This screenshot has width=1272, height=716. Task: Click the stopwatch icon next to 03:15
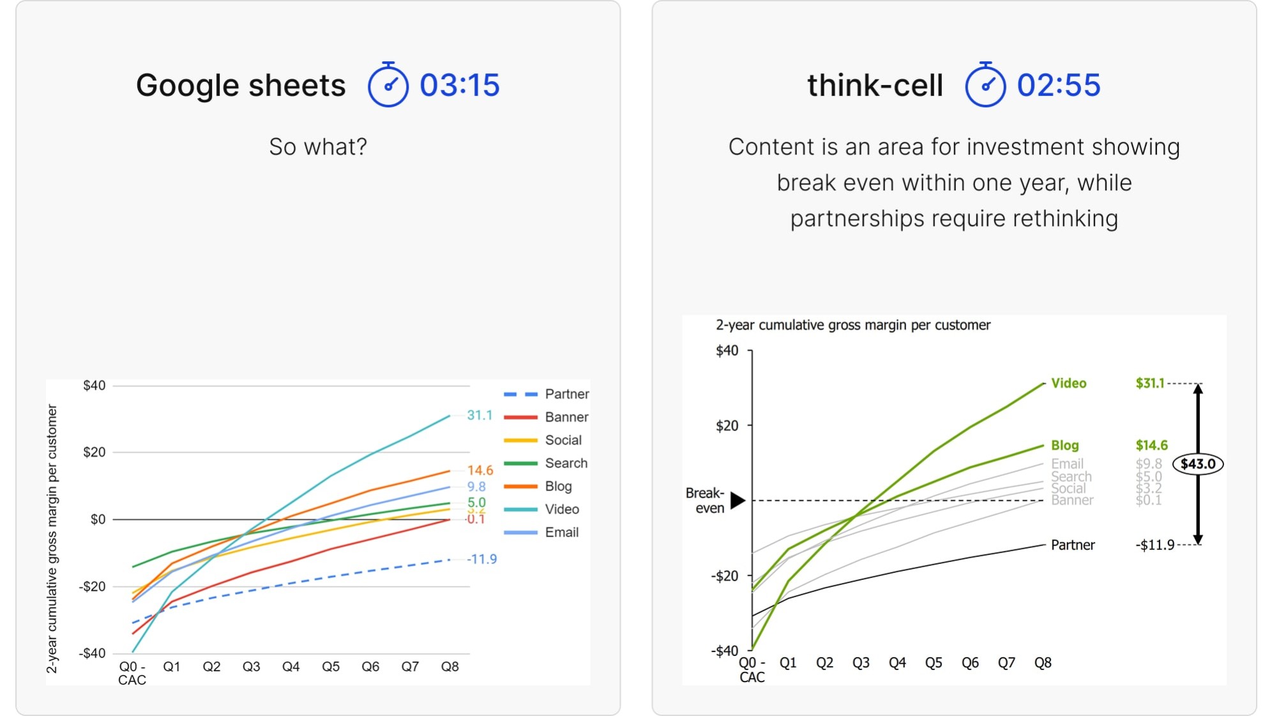(x=388, y=85)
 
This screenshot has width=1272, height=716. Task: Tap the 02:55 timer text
(x=1058, y=85)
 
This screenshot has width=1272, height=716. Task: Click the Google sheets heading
(x=241, y=85)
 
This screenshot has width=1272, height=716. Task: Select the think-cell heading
(x=875, y=85)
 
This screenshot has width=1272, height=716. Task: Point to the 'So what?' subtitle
(x=318, y=147)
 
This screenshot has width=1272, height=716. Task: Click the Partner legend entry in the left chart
(x=566, y=394)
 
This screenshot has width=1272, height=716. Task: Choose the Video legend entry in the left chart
(x=561, y=509)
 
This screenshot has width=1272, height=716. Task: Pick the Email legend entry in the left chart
(x=561, y=532)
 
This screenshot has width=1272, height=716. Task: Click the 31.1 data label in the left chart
(x=480, y=415)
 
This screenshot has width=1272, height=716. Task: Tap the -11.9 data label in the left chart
(x=482, y=559)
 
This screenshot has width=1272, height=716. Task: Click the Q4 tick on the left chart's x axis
(x=291, y=666)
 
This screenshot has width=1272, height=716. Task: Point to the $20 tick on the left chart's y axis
(x=95, y=452)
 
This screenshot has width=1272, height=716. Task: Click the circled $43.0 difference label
(x=1198, y=464)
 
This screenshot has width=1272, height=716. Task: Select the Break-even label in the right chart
(x=705, y=500)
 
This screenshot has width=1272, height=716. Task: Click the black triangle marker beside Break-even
(x=738, y=500)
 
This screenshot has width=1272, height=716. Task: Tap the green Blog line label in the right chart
(x=1064, y=445)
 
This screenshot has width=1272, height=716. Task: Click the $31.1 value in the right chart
(x=1149, y=383)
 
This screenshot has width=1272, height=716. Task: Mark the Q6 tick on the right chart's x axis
(x=970, y=663)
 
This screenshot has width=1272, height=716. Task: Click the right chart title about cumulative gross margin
(x=852, y=325)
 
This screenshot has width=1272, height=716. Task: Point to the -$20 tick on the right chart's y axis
(x=725, y=575)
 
